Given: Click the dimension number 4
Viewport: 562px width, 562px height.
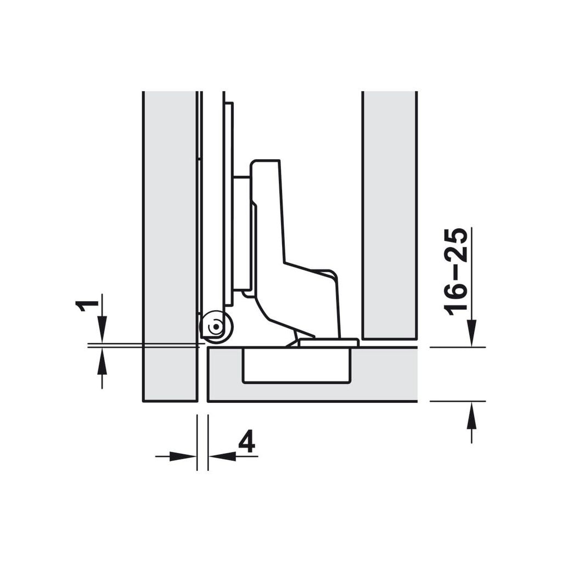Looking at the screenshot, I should click(247, 441).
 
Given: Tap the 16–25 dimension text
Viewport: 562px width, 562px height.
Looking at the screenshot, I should click(457, 271).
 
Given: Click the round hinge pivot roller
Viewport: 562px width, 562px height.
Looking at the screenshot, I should click(216, 328).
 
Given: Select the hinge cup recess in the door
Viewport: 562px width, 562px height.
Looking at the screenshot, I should click(296, 366).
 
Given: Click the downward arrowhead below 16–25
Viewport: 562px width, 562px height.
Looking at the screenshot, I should click(471, 334).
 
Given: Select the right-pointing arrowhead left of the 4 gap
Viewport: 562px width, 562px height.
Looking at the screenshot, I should click(184, 456).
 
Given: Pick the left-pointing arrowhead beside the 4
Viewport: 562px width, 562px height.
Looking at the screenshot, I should click(222, 456).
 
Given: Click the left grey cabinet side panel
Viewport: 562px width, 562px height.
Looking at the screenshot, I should click(170, 247).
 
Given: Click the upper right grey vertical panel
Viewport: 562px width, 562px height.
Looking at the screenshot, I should click(389, 214).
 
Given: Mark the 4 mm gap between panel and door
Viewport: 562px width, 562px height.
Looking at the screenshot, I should click(203, 373).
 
